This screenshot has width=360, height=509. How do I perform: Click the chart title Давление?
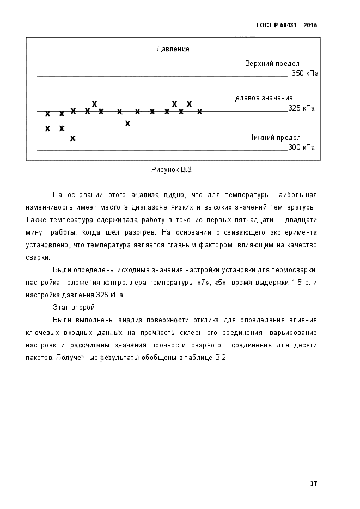pyautogui.click(x=173, y=49)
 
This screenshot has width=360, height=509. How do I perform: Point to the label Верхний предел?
pyautogui.click(x=272, y=64)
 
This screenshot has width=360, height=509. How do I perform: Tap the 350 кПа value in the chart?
pyautogui.click(x=305, y=73)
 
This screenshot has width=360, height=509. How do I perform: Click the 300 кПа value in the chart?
pyautogui.click(x=301, y=147)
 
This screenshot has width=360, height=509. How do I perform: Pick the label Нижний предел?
pyautogui.click(x=274, y=138)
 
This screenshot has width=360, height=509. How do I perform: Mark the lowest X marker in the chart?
pyautogui.click(x=72, y=138)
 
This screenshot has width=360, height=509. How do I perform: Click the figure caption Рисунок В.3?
pyautogui.click(x=171, y=169)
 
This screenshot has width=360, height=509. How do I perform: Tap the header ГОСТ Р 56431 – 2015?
pyautogui.click(x=286, y=25)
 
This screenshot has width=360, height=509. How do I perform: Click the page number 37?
pyautogui.click(x=313, y=483)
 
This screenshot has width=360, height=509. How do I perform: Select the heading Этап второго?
pyautogui.click(x=74, y=308)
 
